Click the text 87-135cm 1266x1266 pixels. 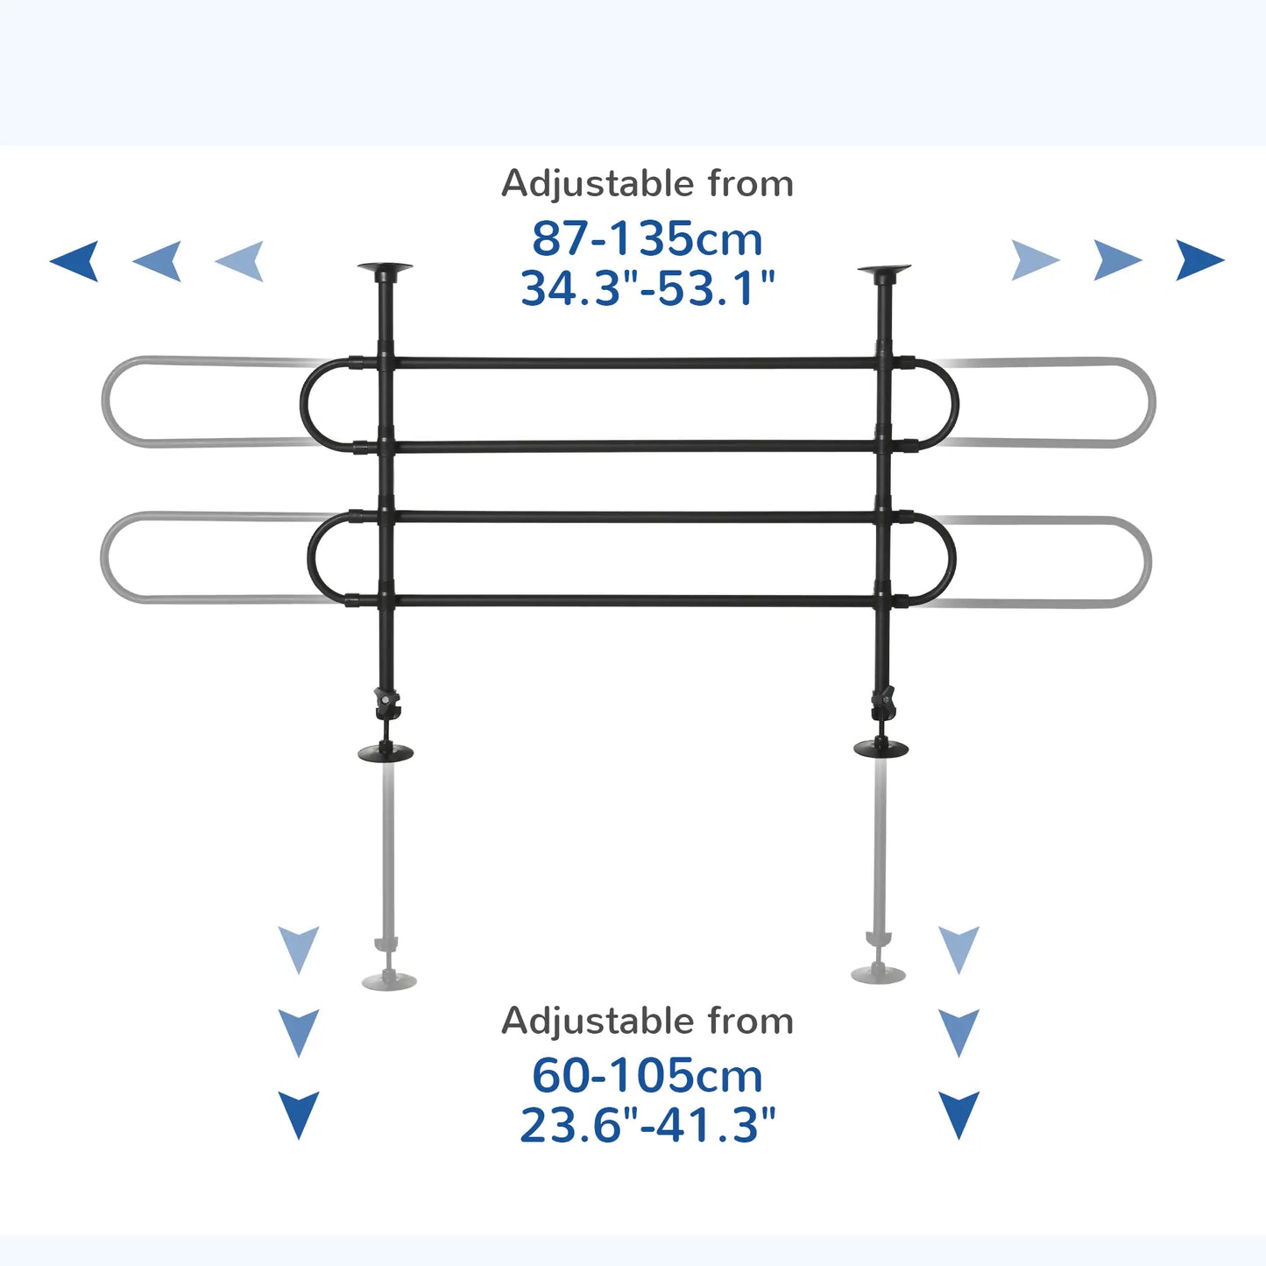(x=647, y=239)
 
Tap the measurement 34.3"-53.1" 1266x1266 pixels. (x=647, y=288)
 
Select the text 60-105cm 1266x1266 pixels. (x=647, y=1076)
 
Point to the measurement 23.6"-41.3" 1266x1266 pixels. (x=647, y=1125)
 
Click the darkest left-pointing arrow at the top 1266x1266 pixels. (x=76, y=260)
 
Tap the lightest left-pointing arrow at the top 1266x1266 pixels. (x=241, y=260)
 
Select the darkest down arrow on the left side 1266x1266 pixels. (x=299, y=1114)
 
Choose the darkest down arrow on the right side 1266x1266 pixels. (x=958, y=1114)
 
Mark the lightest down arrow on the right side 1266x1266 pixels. (x=958, y=949)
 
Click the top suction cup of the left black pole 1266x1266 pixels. (x=385, y=269)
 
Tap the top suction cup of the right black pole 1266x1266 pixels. (x=884, y=271)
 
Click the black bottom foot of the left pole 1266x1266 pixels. (x=385, y=752)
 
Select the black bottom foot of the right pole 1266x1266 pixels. (x=881, y=748)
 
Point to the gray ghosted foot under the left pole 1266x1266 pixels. (x=389, y=980)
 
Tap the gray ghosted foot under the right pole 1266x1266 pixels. (x=879, y=973)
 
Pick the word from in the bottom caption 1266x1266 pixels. (x=751, y=1022)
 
